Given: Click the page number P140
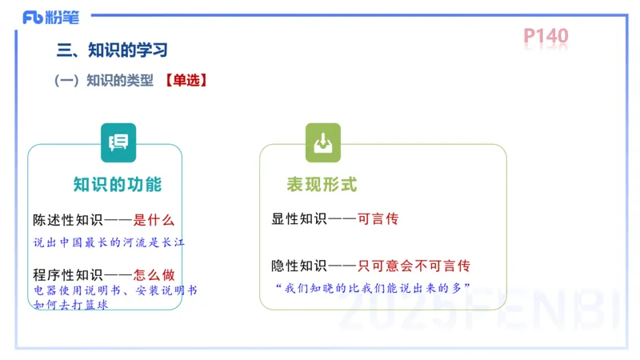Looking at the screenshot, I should [x=546, y=36].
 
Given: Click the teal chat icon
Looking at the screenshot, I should [x=118, y=142].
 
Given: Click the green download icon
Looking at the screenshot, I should [x=322, y=142].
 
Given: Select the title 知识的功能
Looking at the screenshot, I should [x=118, y=185].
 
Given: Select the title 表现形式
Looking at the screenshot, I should [x=322, y=185].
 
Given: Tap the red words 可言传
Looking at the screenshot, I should [x=378, y=218].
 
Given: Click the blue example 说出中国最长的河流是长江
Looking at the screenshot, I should [x=109, y=242].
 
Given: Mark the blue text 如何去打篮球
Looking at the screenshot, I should [x=70, y=305].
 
